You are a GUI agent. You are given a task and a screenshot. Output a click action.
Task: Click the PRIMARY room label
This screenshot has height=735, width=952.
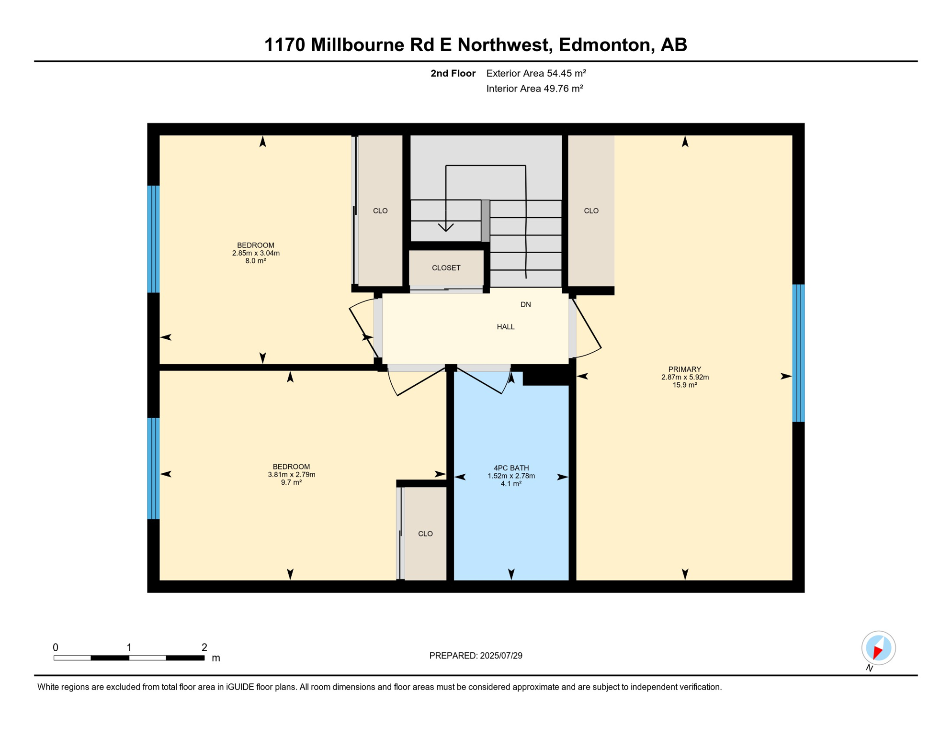(684, 369)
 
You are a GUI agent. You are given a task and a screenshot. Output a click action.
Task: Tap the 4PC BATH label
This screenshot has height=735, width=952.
(511, 468)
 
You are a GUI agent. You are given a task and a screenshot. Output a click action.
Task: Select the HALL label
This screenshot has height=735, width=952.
(505, 327)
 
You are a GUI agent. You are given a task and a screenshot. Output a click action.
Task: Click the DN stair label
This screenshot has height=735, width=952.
(525, 304)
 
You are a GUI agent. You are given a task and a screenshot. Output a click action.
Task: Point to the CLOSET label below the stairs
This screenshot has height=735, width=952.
(446, 268)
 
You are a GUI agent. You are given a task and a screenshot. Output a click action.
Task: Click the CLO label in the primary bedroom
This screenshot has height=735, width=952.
(591, 211)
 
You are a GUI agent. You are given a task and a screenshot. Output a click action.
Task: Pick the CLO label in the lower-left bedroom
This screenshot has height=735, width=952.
(425, 534)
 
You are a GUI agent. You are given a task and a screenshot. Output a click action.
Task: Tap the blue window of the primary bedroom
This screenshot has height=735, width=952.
(798, 353)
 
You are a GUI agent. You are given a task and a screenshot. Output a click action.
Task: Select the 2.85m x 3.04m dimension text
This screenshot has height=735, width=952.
(256, 253)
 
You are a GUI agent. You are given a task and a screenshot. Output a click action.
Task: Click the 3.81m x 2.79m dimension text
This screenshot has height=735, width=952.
(291, 475)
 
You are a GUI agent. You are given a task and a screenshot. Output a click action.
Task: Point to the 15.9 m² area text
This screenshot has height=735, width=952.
(684, 385)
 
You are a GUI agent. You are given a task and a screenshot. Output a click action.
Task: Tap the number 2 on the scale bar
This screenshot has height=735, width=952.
(204, 647)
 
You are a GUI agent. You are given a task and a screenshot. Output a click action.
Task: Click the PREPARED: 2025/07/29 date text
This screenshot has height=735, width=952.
(476, 656)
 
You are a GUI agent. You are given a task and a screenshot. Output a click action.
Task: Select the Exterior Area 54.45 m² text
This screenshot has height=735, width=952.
(536, 73)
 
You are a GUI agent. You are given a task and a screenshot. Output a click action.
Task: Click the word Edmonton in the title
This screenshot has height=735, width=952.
(604, 45)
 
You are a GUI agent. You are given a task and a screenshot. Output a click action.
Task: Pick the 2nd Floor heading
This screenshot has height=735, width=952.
(453, 73)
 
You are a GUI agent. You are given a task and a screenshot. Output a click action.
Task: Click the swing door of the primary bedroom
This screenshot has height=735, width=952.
(587, 324)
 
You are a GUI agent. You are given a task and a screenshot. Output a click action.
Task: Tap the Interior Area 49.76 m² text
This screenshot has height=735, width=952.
(534, 89)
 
